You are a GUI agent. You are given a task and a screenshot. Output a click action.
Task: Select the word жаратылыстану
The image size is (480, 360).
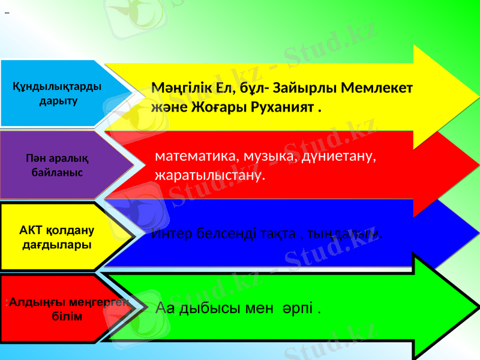point(209,176)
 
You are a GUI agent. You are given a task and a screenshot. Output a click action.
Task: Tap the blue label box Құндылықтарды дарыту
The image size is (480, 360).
point(57,93)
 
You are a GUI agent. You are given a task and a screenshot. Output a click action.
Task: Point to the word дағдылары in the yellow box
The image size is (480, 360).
point(57,245)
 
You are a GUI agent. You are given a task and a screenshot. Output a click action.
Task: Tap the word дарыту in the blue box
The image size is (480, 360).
point(58,100)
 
